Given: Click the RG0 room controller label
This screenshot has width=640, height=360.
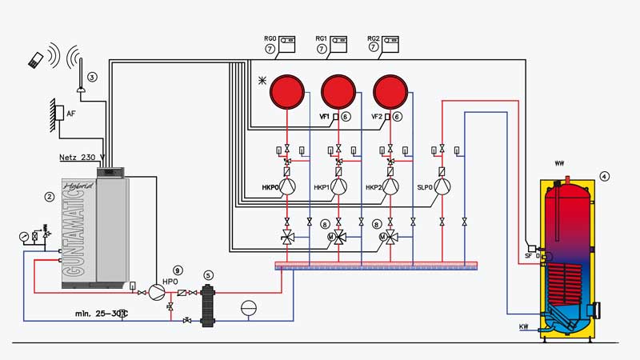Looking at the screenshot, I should point(270,38).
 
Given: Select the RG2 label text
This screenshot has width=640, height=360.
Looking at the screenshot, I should point(374,38).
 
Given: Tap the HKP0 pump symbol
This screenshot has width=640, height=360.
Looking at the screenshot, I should point(288,186).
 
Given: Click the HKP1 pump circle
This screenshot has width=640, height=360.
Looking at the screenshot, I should point(339,186).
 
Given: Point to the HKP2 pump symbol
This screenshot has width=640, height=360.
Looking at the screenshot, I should point(390,186).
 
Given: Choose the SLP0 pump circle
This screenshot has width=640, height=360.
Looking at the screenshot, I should point(442,186).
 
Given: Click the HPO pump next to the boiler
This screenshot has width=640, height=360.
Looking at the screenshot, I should point(156,294).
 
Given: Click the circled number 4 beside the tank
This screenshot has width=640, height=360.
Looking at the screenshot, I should point(605,176).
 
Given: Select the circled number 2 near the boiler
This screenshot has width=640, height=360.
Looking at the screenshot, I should point(49,195).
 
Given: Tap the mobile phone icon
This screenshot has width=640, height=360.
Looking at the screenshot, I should point(35,58).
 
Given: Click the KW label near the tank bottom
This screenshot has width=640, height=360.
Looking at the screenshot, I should point(524,326).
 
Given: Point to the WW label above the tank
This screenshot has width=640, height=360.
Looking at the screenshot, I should point(559,163).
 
